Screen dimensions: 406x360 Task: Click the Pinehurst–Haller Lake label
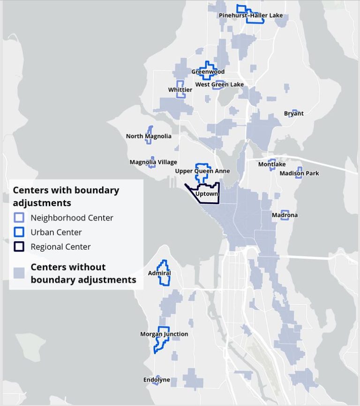[x=251, y=15]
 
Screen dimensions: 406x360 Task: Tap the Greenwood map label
[x=208, y=72]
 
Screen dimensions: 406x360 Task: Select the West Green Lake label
[x=219, y=84]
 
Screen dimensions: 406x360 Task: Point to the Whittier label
[x=180, y=89]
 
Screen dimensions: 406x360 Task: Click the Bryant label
[x=293, y=113]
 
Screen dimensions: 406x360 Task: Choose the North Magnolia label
[x=149, y=136]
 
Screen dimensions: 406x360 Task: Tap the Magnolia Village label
[x=153, y=162]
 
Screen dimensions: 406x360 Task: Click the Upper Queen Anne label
[x=202, y=171]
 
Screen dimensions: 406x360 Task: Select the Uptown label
[x=207, y=193]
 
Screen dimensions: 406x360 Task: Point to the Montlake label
[x=272, y=164]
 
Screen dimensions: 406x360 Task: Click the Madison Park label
[x=299, y=173]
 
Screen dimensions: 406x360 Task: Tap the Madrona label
[x=285, y=215]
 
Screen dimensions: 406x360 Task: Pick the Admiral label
[x=159, y=273]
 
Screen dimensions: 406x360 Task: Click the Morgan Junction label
[x=164, y=334]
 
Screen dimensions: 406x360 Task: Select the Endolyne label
[x=157, y=380]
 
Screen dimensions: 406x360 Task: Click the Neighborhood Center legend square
[x=19, y=218]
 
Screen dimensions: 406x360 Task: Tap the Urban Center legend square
[x=19, y=232]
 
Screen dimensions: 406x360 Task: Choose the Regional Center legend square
[x=19, y=247]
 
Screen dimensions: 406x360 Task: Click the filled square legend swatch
[x=19, y=273]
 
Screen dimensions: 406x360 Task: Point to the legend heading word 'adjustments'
[x=42, y=203]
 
